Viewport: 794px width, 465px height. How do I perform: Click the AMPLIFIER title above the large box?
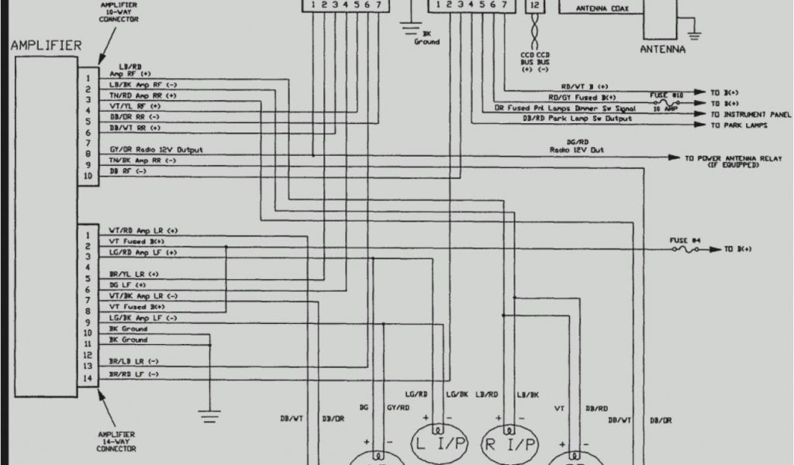(x=46, y=46)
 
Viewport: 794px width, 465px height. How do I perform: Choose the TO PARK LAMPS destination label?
(x=737, y=126)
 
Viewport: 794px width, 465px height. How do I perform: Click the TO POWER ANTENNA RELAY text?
(x=721, y=157)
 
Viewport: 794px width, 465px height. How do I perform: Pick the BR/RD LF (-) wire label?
(x=134, y=374)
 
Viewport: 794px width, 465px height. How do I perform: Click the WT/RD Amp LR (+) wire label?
(x=143, y=230)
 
